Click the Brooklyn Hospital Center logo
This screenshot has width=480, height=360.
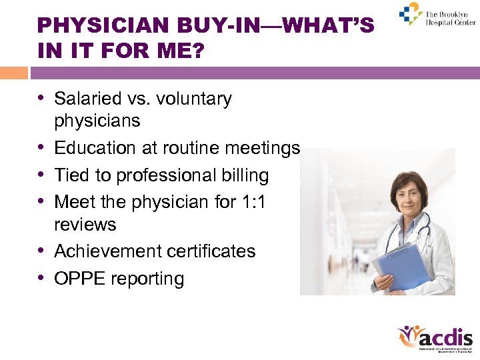437,15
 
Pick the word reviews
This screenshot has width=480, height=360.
85,225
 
